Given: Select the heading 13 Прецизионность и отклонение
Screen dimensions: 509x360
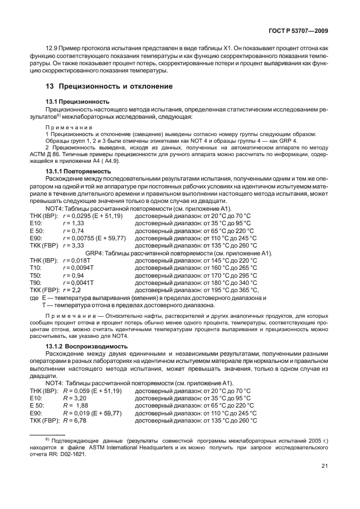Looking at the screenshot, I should click(109, 86).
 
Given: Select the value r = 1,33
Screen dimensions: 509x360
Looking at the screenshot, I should click(73, 222).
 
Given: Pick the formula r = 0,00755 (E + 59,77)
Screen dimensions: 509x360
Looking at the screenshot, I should click(94, 237).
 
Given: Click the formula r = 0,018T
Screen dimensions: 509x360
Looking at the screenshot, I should click(76, 260).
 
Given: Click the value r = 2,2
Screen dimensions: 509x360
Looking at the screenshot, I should click(72, 290).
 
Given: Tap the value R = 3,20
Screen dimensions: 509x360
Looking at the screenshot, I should click(74, 399).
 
